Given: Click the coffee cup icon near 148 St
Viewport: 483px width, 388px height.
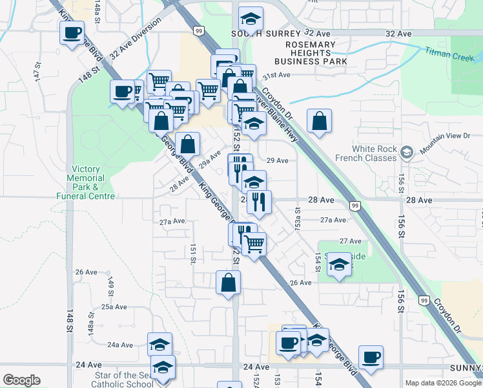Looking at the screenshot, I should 72,32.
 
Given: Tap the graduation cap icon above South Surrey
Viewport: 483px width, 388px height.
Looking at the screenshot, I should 251,17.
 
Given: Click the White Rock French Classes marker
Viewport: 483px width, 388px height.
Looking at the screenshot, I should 406,153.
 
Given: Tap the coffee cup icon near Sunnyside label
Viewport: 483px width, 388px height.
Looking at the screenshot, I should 371,357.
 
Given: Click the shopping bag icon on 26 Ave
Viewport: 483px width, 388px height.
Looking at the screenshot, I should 228,282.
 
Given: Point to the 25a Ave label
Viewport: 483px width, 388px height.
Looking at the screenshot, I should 114,307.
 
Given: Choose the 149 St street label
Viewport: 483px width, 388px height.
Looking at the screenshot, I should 110,282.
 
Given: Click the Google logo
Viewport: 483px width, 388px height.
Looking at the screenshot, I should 21,380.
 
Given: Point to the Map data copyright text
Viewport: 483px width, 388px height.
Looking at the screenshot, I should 443,383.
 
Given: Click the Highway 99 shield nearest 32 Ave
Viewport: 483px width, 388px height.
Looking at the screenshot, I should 198,30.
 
